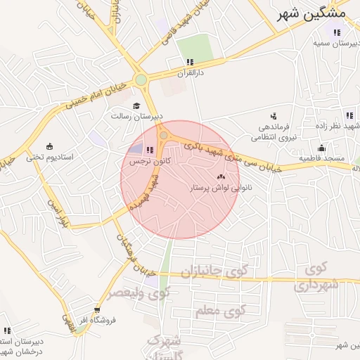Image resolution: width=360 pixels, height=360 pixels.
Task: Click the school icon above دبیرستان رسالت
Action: click(136, 105)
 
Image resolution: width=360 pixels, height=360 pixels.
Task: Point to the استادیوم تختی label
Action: click(46, 157)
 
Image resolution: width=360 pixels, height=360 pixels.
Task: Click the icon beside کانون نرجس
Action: click(148, 149)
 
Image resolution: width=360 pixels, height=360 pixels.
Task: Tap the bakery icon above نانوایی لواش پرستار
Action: click(221, 176)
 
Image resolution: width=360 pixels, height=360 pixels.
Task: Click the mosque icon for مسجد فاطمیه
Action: click(321, 148)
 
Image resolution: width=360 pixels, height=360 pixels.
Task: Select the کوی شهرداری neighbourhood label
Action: click(319, 276)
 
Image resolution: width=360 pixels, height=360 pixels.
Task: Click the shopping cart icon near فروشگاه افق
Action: click(97, 309)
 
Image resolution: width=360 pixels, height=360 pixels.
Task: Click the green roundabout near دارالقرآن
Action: click(141, 80)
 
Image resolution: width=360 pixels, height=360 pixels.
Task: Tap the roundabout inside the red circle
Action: click(164, 134)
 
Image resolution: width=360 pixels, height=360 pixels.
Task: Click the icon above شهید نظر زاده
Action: click(349, 116)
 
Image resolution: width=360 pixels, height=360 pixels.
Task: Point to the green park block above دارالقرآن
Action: click(195, 47)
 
